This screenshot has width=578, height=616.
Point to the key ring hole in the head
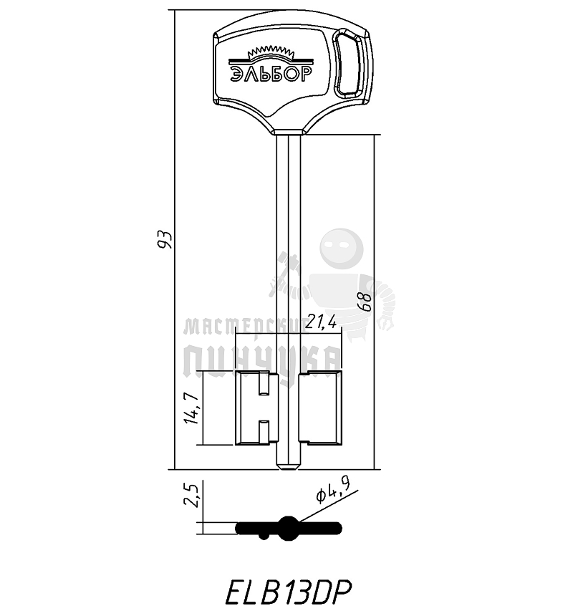350,62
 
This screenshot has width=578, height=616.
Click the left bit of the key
256,409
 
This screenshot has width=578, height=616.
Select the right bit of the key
320,409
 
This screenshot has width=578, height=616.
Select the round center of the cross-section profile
289,529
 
